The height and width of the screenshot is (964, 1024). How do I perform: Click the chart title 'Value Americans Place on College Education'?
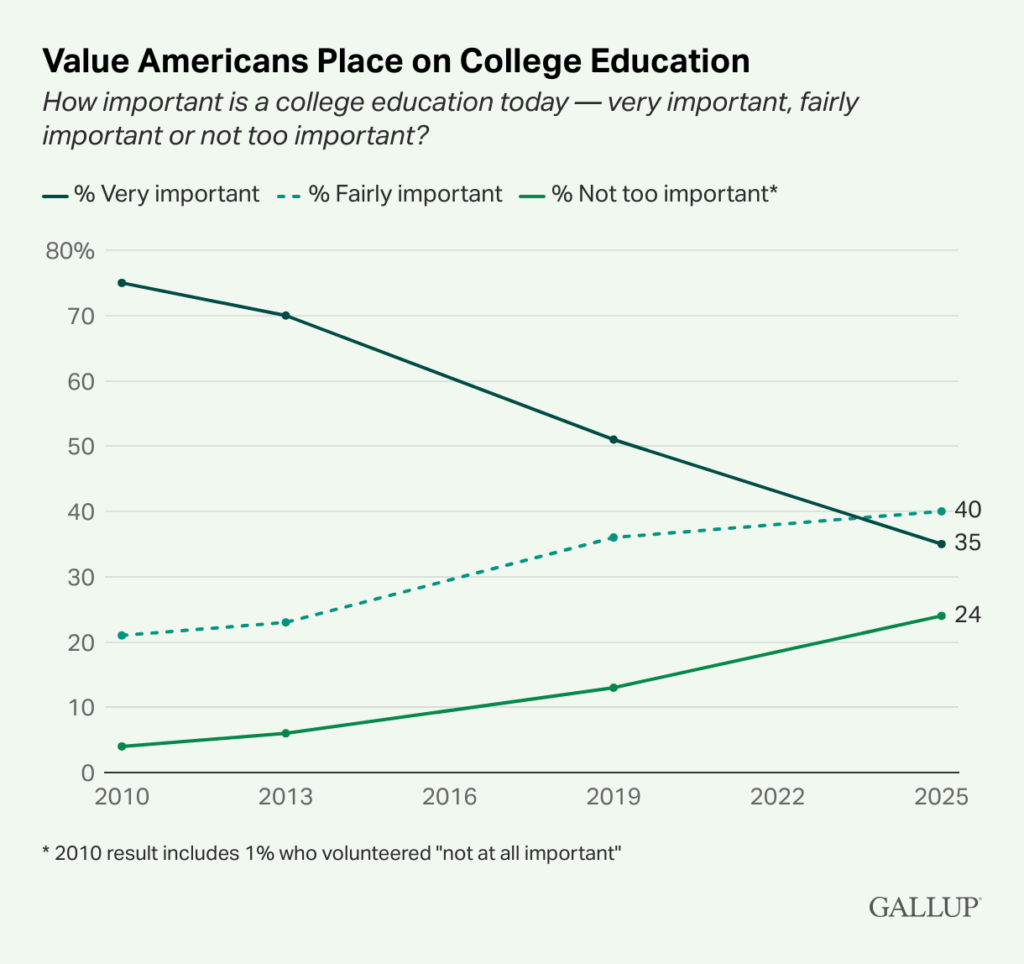[395, 62]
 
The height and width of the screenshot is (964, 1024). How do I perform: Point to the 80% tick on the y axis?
[69, 250]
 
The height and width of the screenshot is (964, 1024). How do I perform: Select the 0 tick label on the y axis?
[86, 773]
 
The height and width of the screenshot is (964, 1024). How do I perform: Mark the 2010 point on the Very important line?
[122, 283]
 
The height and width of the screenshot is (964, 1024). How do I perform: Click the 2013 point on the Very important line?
[286, 315]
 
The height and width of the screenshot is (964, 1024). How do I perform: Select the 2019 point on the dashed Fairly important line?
[613, 538]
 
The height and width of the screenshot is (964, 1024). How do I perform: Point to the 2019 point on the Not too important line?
[613, 688]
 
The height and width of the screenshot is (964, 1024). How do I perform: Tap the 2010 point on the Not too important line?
[122, 746]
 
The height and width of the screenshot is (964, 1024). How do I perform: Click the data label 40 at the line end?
[967, 510]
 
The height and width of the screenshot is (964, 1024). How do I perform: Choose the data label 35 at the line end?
[967, 543]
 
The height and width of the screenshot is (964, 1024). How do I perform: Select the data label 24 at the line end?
[967, 614]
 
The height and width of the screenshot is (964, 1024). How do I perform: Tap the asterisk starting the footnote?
[47, 852]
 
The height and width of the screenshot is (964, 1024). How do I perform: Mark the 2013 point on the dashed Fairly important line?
[286, 622]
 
